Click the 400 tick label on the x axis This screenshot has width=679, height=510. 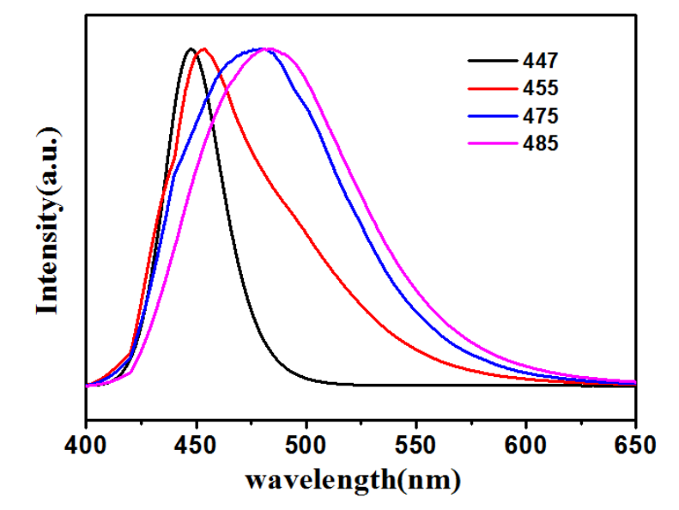86,446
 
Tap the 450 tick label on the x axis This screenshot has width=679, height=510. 196,446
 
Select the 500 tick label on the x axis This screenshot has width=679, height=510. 306,446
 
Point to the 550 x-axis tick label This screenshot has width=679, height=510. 415,446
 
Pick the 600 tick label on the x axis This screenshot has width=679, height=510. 525,446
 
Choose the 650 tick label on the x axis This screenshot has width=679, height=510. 635,446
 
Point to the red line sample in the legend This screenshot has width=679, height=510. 491,88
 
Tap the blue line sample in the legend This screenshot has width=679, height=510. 491,115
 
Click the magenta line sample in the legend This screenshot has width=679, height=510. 491,143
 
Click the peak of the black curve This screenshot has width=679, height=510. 191,49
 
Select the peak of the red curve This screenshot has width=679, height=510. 203,49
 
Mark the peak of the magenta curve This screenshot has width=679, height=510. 269,49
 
